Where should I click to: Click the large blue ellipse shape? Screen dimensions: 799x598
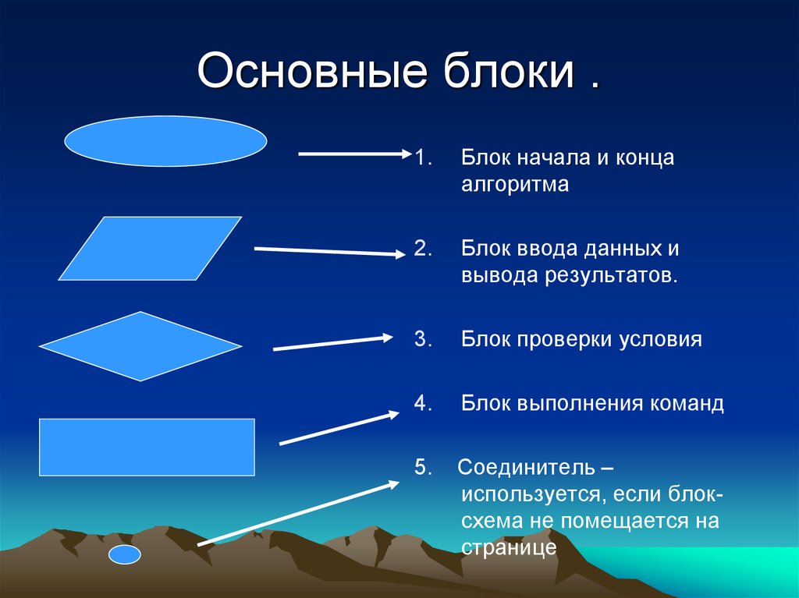click(x=165, y=141)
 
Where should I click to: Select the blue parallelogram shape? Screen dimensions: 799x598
click(x=150, y=249)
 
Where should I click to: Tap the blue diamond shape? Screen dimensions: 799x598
click(x=140, y=346)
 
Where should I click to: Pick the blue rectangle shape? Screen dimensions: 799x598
click(x=147, y=448)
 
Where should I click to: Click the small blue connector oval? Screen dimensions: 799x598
click(x=124, y=554)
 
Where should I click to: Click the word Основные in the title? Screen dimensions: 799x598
click(x=312, y=70)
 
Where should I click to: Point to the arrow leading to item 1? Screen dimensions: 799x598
click(x=355, y=154)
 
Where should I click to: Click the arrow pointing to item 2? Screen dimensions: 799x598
click(x=330, y=251)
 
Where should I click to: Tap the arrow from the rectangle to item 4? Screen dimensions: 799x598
click(x=339, y=428)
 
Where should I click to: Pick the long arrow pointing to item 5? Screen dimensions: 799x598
click(x=298, y=513)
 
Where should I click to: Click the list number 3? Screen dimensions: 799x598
click(x=423, y=338)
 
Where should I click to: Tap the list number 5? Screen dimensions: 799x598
click(x=423, y=467)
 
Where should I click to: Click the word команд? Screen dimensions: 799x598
click(x=687, y=403)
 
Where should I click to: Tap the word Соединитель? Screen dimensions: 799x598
click(x=526, y=467)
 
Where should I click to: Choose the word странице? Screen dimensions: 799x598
click(x=509, y=548)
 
